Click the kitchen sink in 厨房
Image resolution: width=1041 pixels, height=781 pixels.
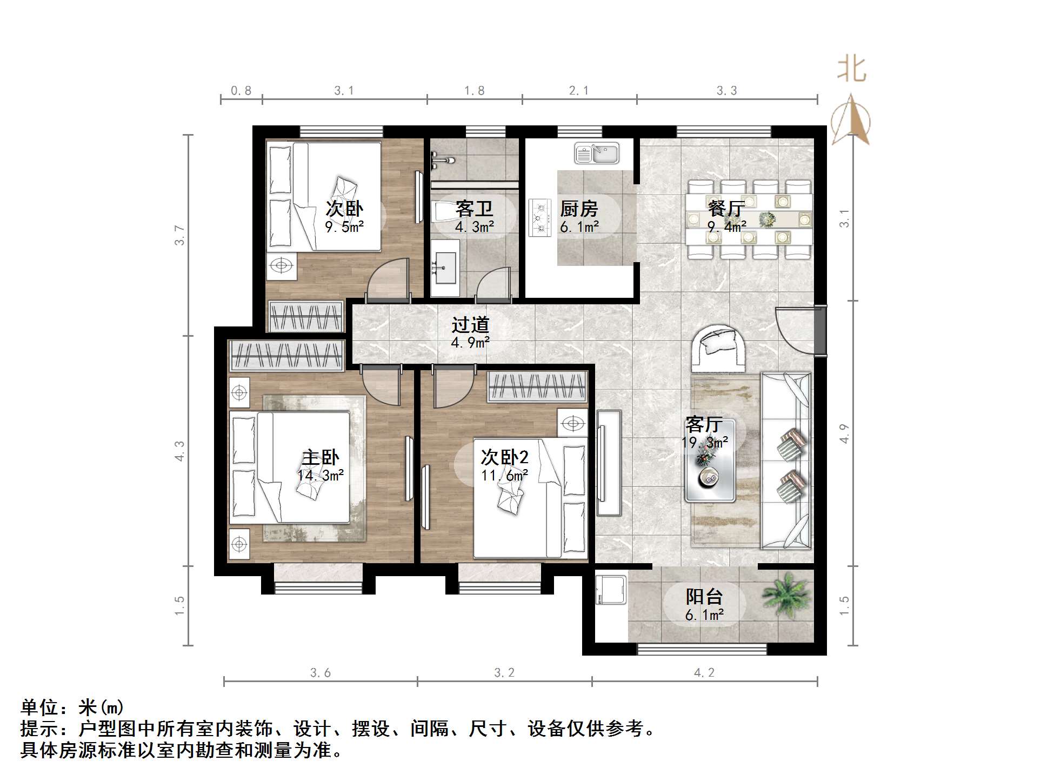click(597, 153)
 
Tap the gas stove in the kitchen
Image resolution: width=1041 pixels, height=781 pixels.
click(539, 217)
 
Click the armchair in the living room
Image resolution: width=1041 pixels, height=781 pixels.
click(717, 346)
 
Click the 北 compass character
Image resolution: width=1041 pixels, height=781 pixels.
click(851, 70)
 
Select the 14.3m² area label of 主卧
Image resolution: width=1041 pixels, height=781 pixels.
click(320, 476)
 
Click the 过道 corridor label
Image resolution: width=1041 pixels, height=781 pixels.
click(470, 324)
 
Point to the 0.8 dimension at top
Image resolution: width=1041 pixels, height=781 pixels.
click(241, 91)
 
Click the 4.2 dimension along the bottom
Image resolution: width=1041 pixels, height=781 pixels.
click(704, 672)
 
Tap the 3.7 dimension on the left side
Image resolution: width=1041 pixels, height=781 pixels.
click(179, 236)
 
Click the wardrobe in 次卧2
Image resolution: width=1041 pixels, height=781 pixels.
click(537, 387)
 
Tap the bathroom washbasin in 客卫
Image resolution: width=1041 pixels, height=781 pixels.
click(445, 268)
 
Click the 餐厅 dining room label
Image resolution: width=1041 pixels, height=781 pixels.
click(726, 209)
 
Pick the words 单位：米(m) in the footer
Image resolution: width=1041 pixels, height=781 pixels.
click(72, 707)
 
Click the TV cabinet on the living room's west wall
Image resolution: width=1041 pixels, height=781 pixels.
click(609, 463)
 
